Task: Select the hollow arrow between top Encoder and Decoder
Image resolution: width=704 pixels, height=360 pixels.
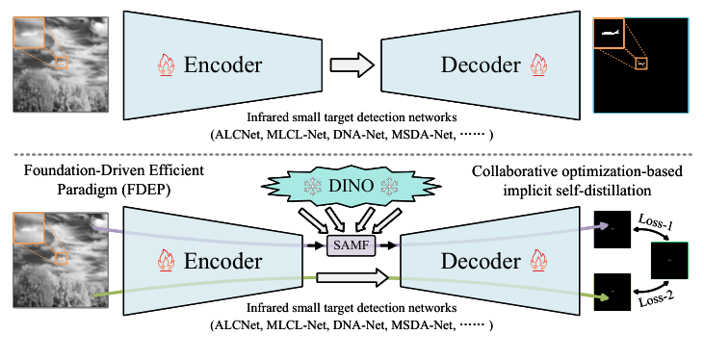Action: click(x=352, y=65)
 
